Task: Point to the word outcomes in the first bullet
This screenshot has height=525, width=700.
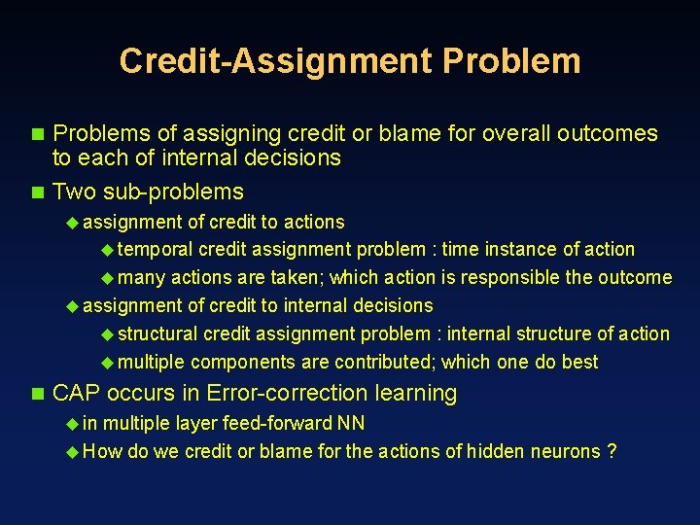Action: coord(612,133)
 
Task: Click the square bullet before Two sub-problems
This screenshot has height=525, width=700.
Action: coord(38,192)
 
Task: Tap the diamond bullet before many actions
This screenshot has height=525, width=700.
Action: coord(107,278)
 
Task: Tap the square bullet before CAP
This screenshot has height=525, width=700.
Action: coord(38,394)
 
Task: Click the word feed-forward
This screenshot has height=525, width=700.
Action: coord(283,423)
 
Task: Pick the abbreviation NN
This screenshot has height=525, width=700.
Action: coord(351,423)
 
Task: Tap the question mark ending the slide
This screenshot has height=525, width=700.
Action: coord(612,451)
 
